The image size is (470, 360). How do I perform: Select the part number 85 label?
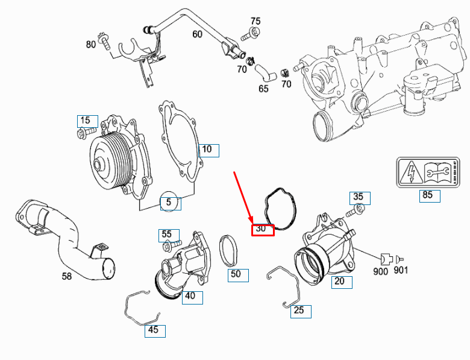427,195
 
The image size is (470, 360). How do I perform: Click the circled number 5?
169,203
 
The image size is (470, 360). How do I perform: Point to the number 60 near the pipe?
197,34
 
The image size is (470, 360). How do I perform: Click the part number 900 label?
380,271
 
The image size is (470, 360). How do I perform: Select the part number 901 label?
401,271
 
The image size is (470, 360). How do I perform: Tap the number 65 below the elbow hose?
263,88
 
